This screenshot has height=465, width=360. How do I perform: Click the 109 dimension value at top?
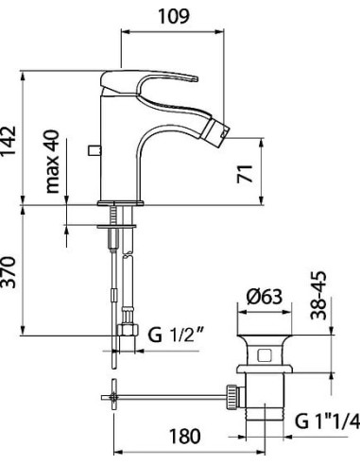pos(174,16)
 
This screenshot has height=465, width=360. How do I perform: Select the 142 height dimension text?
pos(8,141)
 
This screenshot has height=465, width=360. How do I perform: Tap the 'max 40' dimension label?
pos(52,161)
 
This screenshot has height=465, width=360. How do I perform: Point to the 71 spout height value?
pos(245,174)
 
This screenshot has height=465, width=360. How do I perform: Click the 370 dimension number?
pos(8,272)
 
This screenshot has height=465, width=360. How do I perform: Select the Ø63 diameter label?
pos(265,297)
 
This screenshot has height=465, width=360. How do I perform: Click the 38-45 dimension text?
pos(318,296)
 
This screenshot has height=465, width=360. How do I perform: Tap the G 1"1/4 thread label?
pos(328,421)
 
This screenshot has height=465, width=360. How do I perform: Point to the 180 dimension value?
pos(185,437)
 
